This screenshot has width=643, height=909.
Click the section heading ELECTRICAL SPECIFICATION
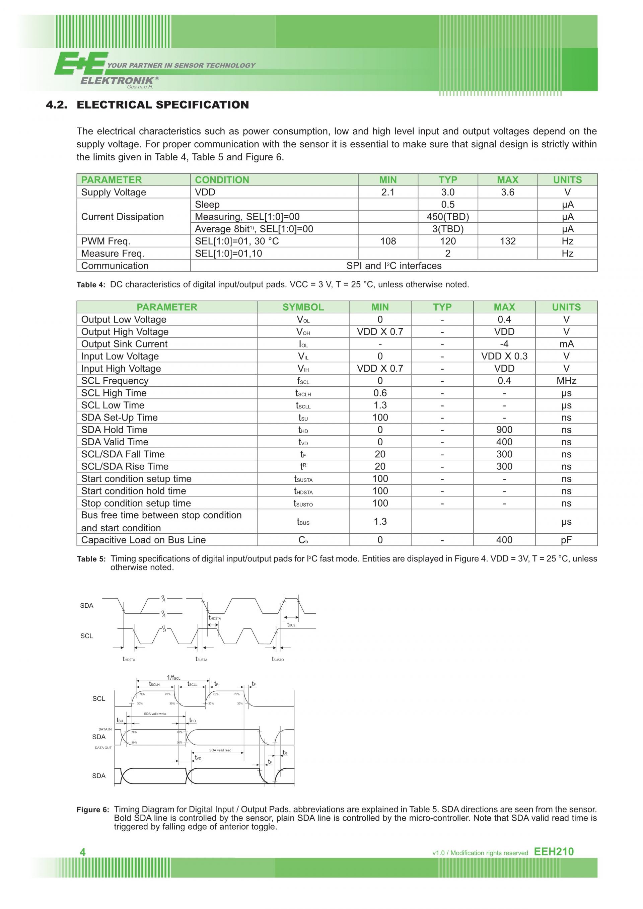(162, 105)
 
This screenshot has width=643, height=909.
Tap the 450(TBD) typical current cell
(447, 217)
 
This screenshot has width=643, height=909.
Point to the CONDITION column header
(222, 180)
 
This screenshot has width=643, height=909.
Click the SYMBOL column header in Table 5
(303, 307)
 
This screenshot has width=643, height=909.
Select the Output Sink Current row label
(124, 344)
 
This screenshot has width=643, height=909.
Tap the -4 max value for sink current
(504, 344)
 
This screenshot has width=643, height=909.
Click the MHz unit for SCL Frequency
(566, 381)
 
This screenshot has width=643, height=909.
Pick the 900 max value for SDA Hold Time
(504, 430)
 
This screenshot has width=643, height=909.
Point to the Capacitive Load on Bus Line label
(143, 540)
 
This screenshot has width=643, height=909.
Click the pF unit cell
(566, 540)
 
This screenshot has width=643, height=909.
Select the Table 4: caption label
(91, 285)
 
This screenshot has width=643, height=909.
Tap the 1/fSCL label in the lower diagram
(173, 677)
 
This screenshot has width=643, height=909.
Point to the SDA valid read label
(220, 750)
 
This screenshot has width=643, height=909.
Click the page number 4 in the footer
(82, 852)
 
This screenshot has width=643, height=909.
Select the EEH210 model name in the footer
(554, 852)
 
